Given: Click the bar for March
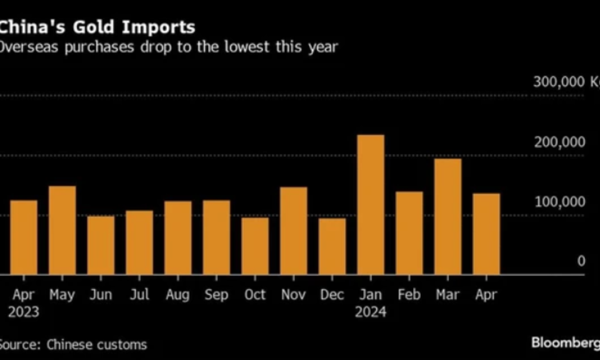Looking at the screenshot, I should (447, 217).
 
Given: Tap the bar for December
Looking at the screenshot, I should (332, 246).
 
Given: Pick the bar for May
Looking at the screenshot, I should (62, 230).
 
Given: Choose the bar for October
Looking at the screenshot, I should (255, 246).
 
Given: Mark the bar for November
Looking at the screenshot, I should (294, 231).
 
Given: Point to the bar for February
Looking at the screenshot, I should (409, 233).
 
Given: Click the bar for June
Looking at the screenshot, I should (101, 245).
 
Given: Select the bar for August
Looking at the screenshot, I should (178, 238).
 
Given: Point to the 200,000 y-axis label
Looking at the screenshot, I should (559, 142).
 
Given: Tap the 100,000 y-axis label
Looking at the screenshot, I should (559, 202).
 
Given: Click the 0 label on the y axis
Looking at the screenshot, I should (581, 261).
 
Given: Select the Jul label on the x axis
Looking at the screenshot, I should (139, 294).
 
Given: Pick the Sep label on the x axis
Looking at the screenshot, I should (217, 294).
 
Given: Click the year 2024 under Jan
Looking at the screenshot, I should (370, 312).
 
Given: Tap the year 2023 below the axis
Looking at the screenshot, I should (23, 312).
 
